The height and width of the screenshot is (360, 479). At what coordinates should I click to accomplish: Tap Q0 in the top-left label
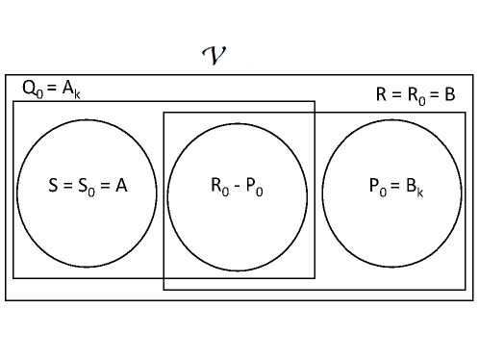(x=31, y=90)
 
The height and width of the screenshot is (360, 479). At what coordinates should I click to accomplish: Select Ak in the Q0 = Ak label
(x=71, y=90)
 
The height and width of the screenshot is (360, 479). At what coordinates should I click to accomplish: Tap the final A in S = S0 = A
(x=121, y=187)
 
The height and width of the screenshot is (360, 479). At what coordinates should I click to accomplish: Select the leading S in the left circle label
(x=54, y=187)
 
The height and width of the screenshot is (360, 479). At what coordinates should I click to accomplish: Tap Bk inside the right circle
(x=416, y=188)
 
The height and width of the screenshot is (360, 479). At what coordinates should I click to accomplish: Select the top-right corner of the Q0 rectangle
(x=315, y=101)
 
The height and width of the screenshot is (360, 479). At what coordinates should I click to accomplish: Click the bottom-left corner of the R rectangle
(x=164, y=289)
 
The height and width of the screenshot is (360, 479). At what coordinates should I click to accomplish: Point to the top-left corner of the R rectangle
(x=164, y=113)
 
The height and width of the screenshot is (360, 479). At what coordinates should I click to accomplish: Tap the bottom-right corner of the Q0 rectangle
(x=315, y=277)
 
